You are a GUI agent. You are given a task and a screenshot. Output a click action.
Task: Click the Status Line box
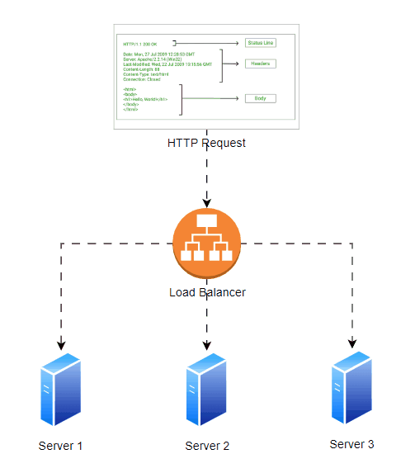[x=260, y=43]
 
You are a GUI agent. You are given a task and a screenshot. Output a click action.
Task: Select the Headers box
[x=260, y=64]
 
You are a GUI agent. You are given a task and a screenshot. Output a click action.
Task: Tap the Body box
[x=260, y=98]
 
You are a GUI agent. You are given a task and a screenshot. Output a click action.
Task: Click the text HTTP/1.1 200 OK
[x=139, y=44]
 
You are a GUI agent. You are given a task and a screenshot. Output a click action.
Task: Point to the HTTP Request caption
[x=206, y=143]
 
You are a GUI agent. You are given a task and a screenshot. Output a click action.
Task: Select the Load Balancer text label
[x=206, y=292]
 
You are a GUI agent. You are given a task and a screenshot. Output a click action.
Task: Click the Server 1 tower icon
[x=60, y=388]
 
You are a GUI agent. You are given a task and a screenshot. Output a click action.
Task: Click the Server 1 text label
[x=60, y=446]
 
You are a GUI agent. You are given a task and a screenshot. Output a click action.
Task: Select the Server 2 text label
[x=206, y=446]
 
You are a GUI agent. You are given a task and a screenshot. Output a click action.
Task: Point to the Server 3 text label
[x=351, y=444]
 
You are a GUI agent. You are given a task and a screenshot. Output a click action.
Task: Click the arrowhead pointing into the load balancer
[x=206, y=201]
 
